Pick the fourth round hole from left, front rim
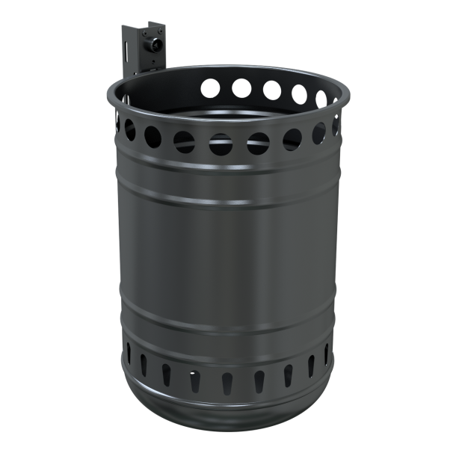(222, 141)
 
